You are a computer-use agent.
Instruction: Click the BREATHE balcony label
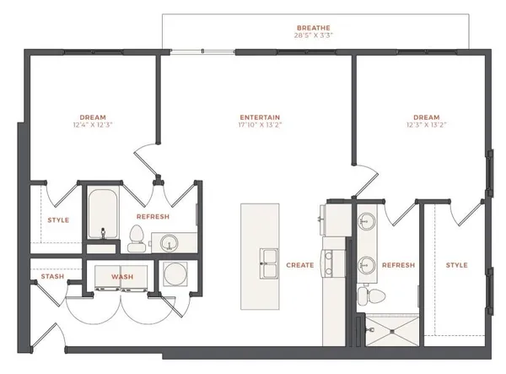coord(314,26)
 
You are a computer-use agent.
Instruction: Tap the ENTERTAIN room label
coord(260,117)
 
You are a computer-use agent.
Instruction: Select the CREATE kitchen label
coord(299,265)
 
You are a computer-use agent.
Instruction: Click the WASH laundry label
coord(122,276)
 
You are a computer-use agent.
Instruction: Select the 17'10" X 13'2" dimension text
coord(260,125)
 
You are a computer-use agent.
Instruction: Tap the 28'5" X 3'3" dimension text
coord(314,35)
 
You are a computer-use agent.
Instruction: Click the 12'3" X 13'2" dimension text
coord(425,125)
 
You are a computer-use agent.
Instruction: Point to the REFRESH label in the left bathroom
coord(153,217)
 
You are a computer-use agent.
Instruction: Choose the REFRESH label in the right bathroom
coord(399,265)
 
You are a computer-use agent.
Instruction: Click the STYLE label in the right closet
coord(456,265)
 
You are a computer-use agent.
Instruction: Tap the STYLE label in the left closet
coord(58,221)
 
